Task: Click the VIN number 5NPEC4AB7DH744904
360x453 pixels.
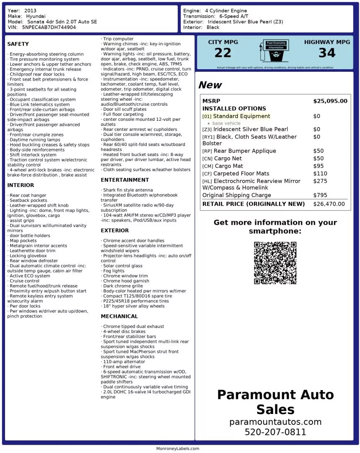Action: coord(49,27)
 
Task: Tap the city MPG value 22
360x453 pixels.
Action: coord(223,53)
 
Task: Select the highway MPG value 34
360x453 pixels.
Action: coord(327,53)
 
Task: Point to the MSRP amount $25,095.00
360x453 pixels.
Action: coord(330,101)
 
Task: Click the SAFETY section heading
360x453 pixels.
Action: coord(18,44)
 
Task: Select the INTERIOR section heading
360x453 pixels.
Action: coord(21,185)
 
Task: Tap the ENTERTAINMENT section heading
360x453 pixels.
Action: coord(125,180)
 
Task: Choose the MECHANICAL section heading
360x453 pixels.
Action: coord(119,316)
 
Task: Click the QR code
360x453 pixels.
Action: coord(275,263)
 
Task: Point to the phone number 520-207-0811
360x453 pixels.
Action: coord(275,432)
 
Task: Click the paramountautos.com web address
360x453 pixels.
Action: coord(275,422)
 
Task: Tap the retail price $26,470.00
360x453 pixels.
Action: coord(329,204)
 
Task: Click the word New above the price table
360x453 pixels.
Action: coord(210,85)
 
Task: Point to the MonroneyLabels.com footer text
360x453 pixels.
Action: coord(178,448)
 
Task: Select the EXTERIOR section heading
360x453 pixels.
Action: coord(115,230)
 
